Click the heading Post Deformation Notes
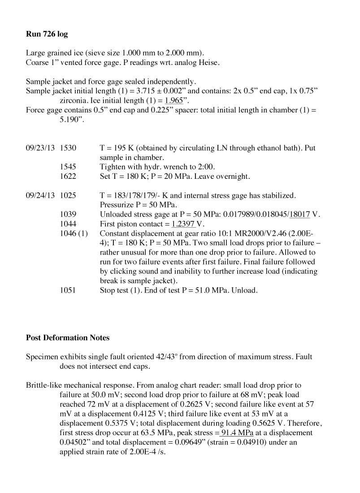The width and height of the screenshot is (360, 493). click(68, 337)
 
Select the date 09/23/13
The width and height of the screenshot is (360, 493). click(40, 147)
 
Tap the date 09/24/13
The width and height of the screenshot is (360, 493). click(40, 195)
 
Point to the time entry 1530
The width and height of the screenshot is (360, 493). click(68, 147)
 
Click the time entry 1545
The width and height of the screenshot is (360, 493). click(68, 167)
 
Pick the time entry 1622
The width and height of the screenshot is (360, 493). click(68, 176)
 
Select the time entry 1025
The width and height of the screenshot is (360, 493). click(68, 195)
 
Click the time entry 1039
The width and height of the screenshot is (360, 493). click(68, 215)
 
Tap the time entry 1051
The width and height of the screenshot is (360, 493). click(68, 290)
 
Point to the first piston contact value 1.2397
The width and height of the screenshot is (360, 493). click(185, 224)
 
